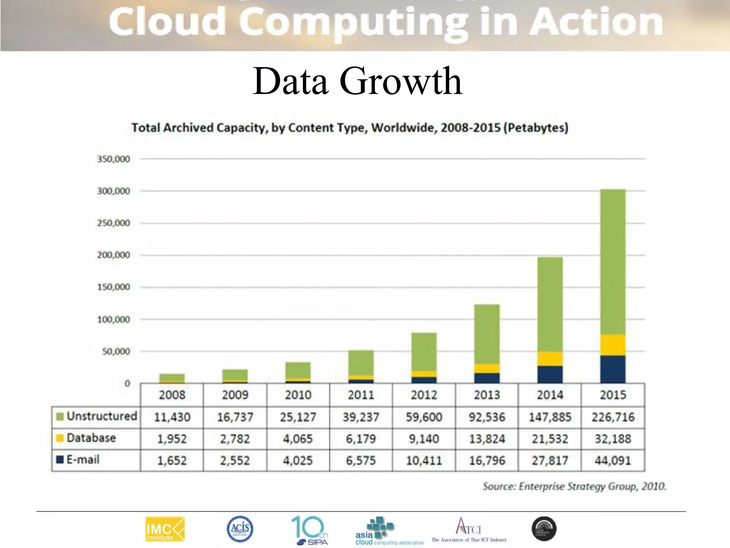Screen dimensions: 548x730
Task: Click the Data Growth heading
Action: tap(358, 81)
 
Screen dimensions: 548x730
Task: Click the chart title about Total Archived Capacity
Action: tap(350, 128)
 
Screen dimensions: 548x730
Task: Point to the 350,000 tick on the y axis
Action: tap(113, 159)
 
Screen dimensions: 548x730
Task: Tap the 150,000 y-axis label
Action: tap(113, 287)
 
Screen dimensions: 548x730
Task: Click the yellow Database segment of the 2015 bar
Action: tap(613, 345)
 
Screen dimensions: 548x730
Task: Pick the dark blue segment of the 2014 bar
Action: tap(550, 374)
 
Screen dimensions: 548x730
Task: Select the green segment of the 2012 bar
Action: tap(424, 351)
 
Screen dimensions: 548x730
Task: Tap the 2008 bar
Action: tap(172, 378)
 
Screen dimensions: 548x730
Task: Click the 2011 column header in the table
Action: tap(361, 395)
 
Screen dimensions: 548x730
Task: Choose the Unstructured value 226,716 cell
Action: tap(613, 417)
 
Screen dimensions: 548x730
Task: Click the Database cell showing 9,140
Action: tap(424, 439)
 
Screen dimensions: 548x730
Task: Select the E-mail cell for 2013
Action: tap(487, 461)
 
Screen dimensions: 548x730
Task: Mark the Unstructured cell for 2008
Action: tap(172, 417)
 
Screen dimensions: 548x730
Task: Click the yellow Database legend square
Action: tap(60, 438)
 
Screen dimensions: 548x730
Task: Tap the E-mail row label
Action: tap(83, 460)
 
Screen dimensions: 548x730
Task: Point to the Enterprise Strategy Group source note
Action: tap(574, 486)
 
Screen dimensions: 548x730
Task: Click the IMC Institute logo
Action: tap(165, 529)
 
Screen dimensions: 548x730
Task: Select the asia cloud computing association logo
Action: tap(389, 531)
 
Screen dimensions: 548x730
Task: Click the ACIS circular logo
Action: tap(240, 528)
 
